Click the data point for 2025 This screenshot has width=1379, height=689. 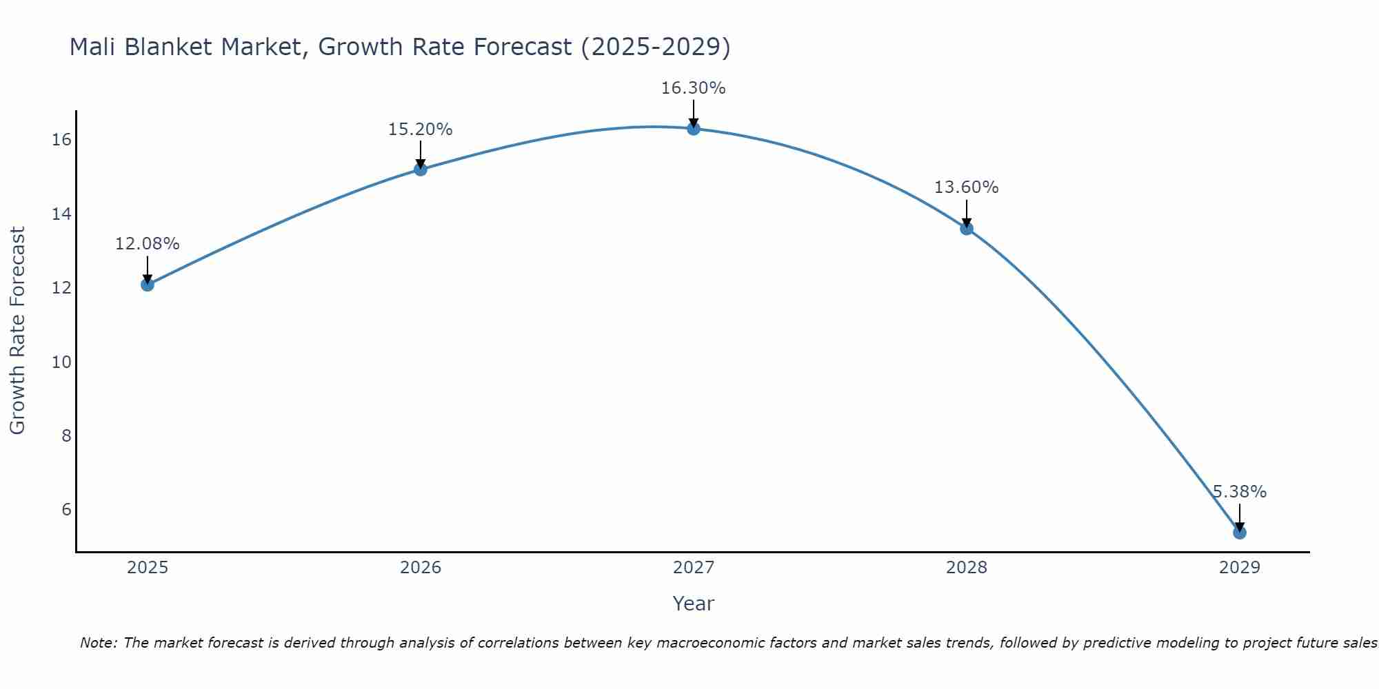click(x=148, y=285)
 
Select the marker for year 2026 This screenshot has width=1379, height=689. click(x=421, y=169)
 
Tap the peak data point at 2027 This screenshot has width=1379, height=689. click(x=694, y=129)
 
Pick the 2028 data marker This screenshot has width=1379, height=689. click(x=967, y=228)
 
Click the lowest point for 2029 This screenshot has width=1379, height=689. click(x=1239, y=533)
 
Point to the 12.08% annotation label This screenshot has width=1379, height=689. click(x=148, y=244)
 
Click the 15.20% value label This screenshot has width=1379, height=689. click(x=421, y=130)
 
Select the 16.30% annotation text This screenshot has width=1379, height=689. click(x=694, y=88)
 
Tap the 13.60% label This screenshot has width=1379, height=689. click(x=967, y=187)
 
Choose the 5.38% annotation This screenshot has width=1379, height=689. click(x=1239, y=492)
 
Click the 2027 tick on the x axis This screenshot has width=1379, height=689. click(x=694, y=568)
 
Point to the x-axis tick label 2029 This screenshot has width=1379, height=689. click(x=1239, y=568)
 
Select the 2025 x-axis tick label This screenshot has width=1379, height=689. click(x=148, y=568)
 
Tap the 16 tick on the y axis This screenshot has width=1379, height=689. click(x=61, y=140)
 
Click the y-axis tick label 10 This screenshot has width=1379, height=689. click(x=61, y=362)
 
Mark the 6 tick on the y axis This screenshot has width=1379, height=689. click(x=66, y=509)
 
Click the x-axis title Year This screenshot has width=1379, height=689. click(x=694, y=604)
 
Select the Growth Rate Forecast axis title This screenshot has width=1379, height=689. click(x=17, y=331)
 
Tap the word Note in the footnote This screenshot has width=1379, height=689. click(x=98, y=643)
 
